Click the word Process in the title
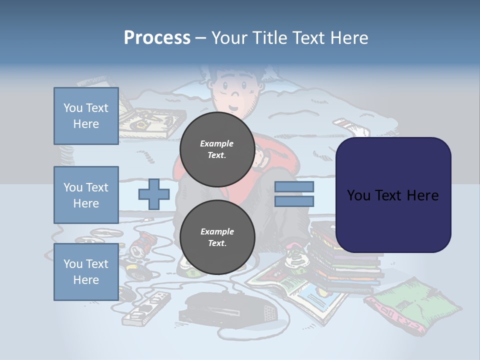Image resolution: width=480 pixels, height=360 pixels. [x=157, y=38]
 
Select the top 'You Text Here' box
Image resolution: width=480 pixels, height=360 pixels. [x=86, y=116]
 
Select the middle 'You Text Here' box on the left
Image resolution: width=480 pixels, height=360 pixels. [x=86, y=195]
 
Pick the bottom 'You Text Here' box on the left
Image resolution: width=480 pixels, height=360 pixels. [x=86, y=271]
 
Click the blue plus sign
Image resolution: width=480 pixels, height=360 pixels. [x=153, y=194]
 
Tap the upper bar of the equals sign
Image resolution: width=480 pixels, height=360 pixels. [x=294, y=186]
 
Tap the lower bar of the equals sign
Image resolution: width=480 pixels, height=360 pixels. [x=294, y=201]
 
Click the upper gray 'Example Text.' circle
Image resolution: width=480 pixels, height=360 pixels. [x=217, y=149]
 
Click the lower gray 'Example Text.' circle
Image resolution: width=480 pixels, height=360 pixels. [x=217, y=237]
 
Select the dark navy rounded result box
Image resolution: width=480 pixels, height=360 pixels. [x=393, y=195]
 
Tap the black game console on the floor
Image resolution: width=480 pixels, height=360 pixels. [x=230, y=307]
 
